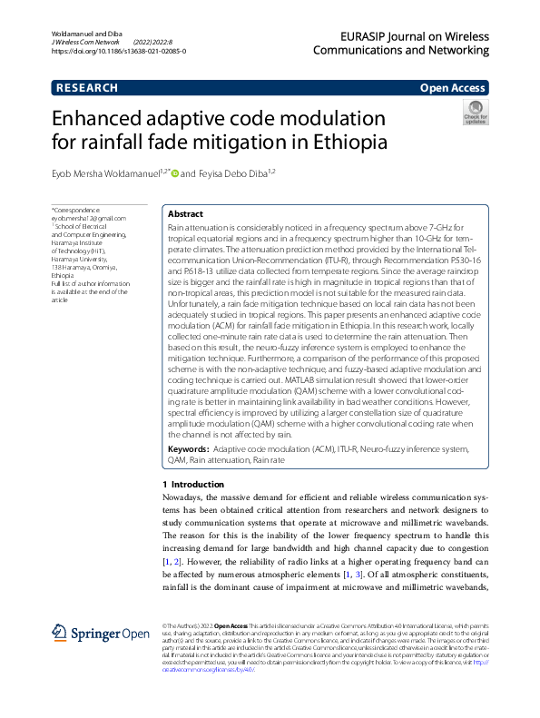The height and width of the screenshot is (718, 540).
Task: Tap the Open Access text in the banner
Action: [454, 88]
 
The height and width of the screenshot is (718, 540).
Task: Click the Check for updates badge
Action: [476, 113]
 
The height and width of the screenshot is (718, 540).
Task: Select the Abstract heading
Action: [185, 213]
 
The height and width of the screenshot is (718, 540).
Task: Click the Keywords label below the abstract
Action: [189, 449]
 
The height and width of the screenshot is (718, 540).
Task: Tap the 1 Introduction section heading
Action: [191, 485]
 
